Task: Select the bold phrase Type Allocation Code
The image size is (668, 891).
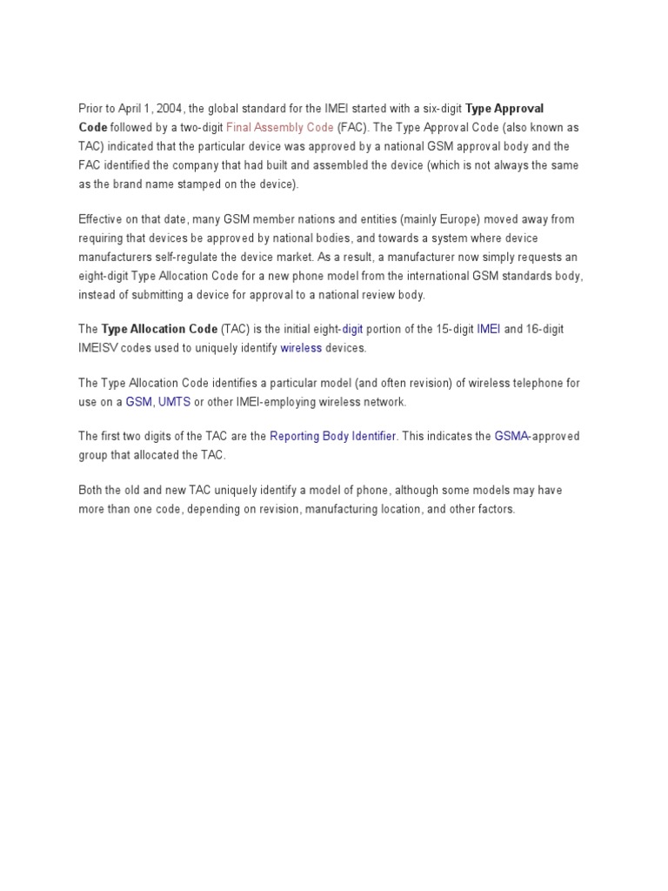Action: pyautogui.click(x=159, y=329)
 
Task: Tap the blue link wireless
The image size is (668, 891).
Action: pyautogui.click(x=301, y=348)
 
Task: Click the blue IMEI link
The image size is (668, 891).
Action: pyautogui.click(x=489, y=329)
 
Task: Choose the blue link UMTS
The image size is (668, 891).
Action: pyautogui.click(x=174, y=402)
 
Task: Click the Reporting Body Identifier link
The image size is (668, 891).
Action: pyautogui.click(x=333, y=436)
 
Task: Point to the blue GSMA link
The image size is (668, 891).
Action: pyautogui.click(x=511, y=436)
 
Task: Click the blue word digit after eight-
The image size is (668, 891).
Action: pyautogui.click(x=352, y=329)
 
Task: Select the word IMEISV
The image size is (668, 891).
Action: pyautogui.click(x=97, y=348)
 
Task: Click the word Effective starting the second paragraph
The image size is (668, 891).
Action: pyautogui.click(x=102, y=219)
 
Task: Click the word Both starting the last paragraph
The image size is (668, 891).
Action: pyautogui.click(x=90, y=490)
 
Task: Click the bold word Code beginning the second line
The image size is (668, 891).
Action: pyautogui.click(x=93, y=127)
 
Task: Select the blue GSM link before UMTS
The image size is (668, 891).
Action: pyautogui.click(x=138, y=402)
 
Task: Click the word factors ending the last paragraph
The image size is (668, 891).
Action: pyautogui.click(x=494, y=509)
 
